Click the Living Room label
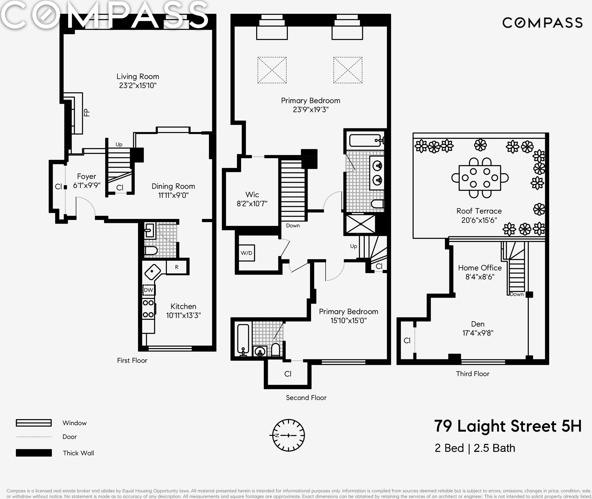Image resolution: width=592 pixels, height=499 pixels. click(138, 77)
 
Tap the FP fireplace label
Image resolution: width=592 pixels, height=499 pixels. click(87, 113)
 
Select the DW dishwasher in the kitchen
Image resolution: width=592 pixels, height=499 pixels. click(148, 290)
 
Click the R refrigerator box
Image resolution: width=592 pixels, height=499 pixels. click(177, 267)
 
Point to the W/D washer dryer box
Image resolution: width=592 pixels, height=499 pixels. click(246, 253)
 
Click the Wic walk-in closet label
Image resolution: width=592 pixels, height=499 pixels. click(252, 195)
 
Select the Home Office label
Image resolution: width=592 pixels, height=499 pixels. click(480, 268)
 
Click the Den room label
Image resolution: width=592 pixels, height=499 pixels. click(478, 324)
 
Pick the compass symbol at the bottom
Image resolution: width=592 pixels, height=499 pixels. click(288, 435)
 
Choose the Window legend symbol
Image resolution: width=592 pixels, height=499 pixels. click(34, 423)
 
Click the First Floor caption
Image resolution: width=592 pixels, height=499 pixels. click(132, 360)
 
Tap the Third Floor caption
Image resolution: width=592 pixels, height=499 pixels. click(472, 374)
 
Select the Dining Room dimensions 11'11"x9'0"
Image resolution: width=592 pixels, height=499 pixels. click(173, 195)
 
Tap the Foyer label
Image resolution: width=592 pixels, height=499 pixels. click(87, 177)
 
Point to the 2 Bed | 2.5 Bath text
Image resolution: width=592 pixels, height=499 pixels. click(475, 448)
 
